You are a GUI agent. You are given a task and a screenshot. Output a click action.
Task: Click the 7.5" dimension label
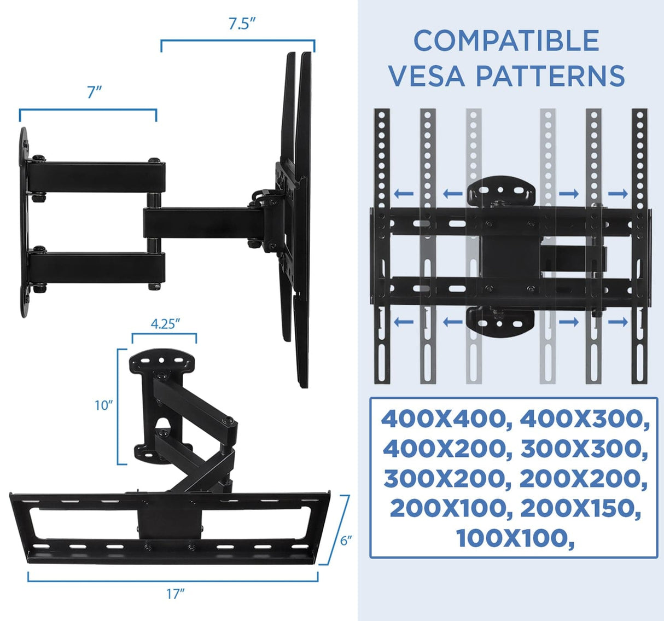click(x=242, y=25)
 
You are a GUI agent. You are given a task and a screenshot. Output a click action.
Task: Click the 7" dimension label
click(x=94, y=92)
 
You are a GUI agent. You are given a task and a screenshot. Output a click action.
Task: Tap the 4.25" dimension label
click(x=165, y=324)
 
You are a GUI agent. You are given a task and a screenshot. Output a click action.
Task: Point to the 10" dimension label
click(x=103, y=405)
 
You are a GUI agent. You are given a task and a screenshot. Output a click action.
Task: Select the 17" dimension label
click(x=175, y=594)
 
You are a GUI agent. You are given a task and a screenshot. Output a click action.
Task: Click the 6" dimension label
click(x=346, y=541)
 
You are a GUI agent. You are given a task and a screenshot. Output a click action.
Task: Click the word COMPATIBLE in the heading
click(x=506, y=41)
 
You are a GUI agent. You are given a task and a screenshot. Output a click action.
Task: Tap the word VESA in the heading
click(x=427, y=76)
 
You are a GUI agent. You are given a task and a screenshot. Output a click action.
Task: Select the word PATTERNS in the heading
click(x=550, y=76)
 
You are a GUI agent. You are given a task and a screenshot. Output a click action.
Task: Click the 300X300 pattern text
click(x=584, y=449)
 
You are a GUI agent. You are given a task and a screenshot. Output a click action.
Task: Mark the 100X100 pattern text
click(x=514, y=538)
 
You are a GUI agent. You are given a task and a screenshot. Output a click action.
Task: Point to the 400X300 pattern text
click(x=584, y=420)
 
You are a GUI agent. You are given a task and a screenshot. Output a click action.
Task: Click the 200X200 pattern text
click(x=583, y=479)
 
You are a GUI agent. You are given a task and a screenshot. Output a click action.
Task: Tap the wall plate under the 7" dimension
click(x=24, y=222)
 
